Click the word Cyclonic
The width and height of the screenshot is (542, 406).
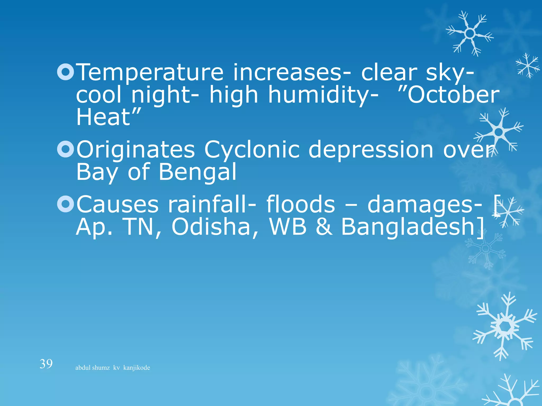(x=252, y=150)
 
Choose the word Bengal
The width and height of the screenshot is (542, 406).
(x=197, y=172)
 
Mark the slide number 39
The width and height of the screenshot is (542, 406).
(x=46, y=364)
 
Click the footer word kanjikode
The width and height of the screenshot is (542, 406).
(x=137, y=368)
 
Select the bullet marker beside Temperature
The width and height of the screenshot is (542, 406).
(x=65, y=72)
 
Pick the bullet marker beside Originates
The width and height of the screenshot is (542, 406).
(x=65, y=149)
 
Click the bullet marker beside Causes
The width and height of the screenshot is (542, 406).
(x=65, y=204)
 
